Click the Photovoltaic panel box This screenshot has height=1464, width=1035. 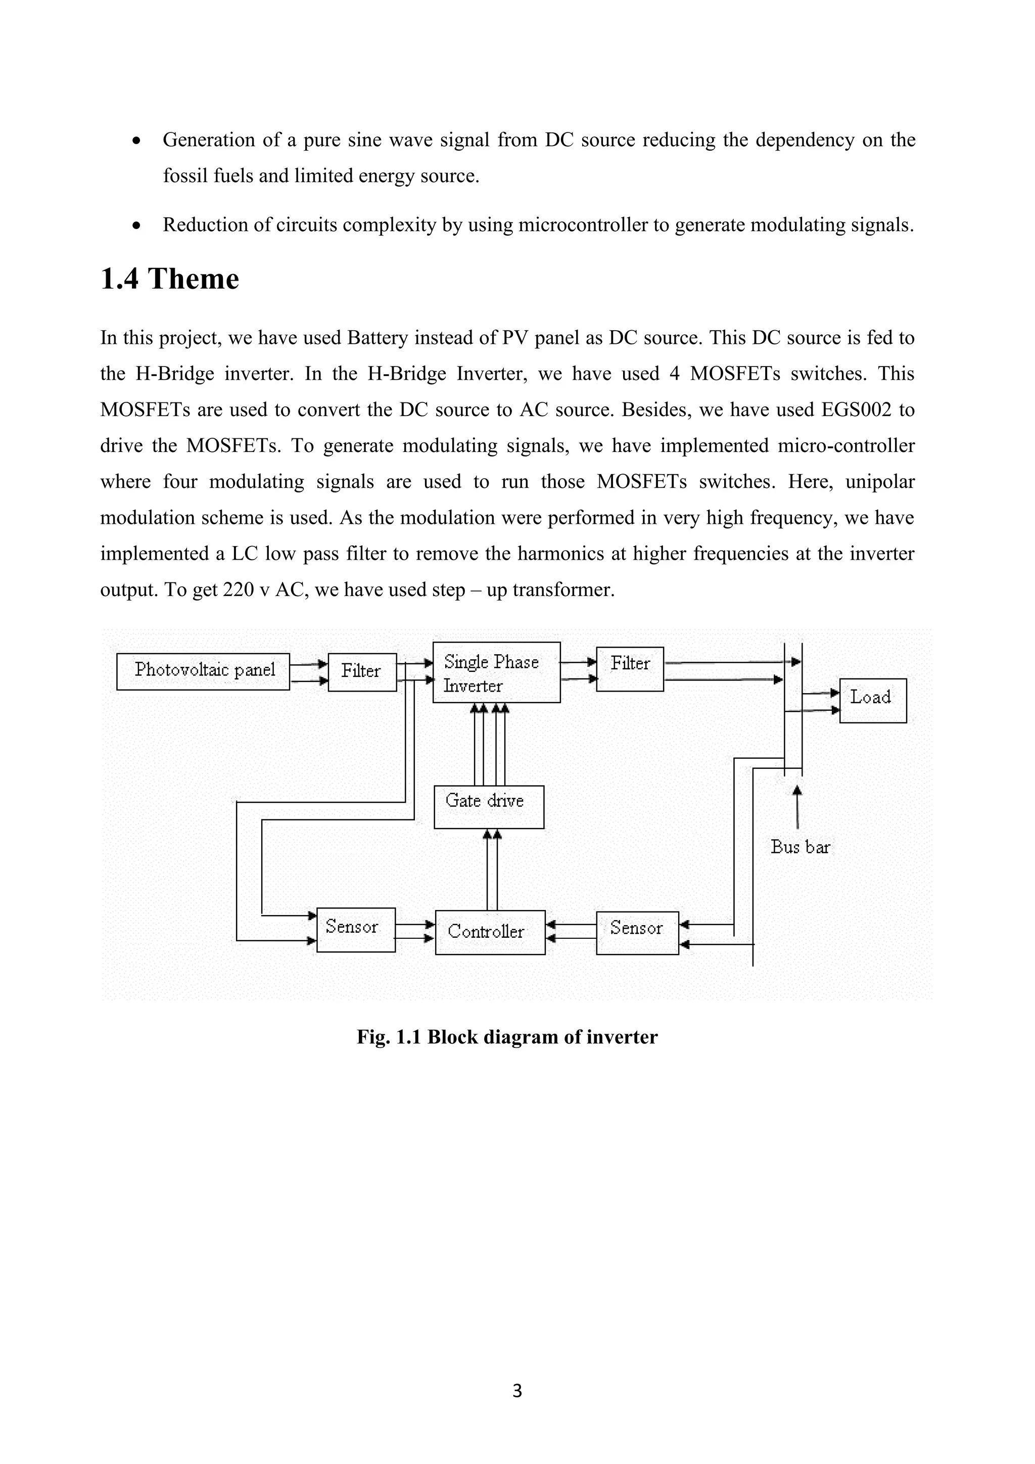(203, 671)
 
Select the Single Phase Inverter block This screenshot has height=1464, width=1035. (496, 673)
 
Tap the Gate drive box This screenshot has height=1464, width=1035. (489, 807)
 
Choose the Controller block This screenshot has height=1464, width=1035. (490, 932)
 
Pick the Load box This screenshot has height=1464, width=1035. (872, 700)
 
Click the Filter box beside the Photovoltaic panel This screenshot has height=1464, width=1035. (362, 672)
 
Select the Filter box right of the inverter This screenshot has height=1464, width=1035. (630, 669)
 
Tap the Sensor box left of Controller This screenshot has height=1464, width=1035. (356, 930)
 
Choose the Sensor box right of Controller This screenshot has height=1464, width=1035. (637, 932)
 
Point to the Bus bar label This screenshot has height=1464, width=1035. (800, 847)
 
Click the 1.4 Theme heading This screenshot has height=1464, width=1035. (169, 279)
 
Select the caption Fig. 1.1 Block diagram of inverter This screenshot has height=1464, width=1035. (507, 1037)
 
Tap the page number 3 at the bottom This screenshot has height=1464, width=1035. (517, 1391)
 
